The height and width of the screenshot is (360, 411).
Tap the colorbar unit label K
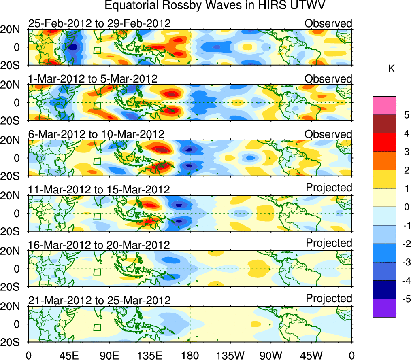[391, 69]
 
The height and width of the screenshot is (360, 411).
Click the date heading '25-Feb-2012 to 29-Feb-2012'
[99, 23]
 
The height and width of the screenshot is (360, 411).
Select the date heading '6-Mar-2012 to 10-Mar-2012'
[96, 134]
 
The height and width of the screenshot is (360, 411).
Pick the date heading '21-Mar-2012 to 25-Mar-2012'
[99, 300]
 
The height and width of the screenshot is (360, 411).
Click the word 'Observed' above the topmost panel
[328, 23]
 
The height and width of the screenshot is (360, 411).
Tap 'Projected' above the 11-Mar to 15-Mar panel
[329, 187]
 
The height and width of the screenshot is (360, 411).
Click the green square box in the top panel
[97, 50]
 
